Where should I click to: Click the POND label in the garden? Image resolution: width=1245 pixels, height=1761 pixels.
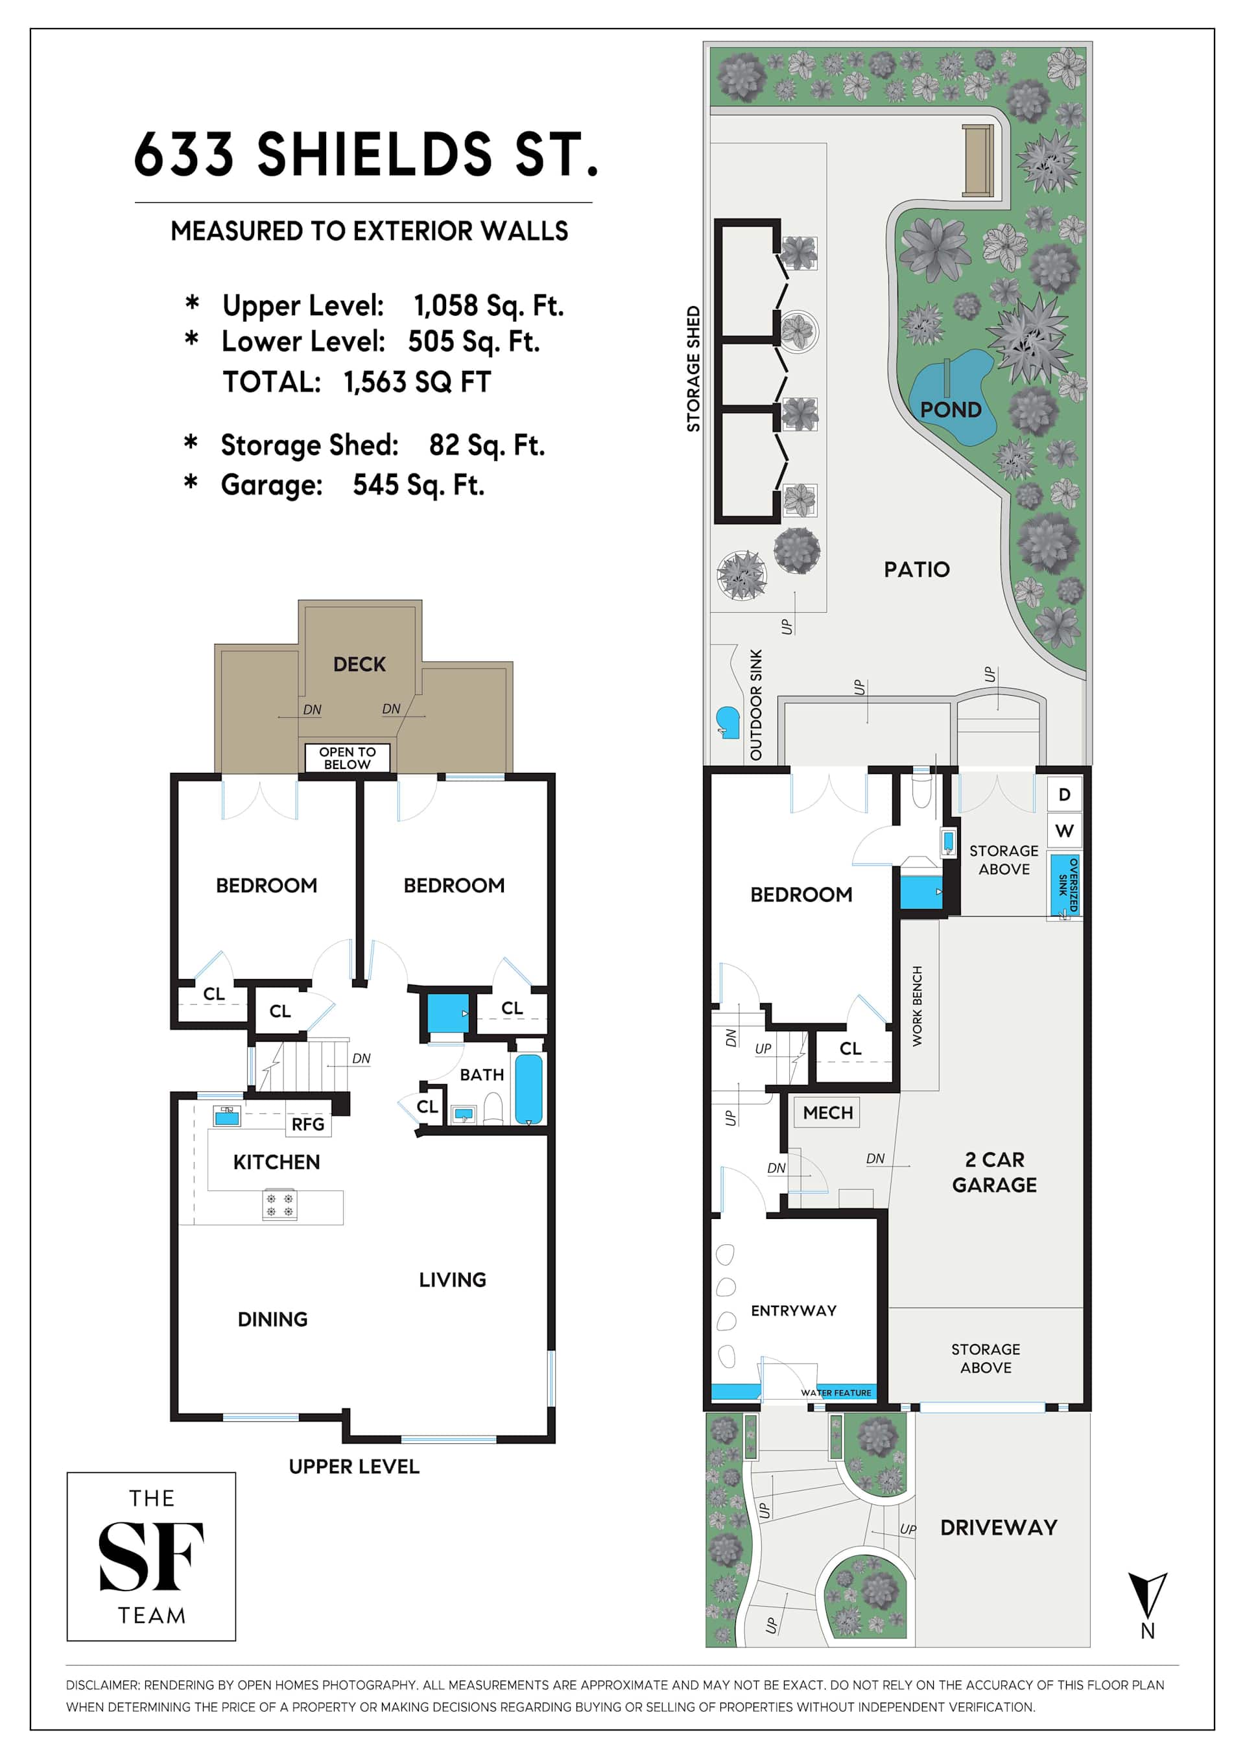(951, 410)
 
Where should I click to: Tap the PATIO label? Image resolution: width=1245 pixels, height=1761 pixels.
(917, 569)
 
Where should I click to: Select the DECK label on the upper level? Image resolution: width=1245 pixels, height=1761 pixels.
(359, 664)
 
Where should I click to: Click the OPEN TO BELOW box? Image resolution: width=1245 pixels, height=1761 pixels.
(348, 758)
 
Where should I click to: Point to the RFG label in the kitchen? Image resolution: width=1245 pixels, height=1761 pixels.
(307, 1124)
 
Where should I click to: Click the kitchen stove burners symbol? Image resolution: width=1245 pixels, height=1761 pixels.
(279, 1204)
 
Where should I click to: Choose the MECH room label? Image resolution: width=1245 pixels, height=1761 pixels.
(827, 1112)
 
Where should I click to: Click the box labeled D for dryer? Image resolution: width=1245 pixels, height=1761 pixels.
(1065, 795)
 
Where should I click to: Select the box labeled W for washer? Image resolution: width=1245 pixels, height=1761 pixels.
(1065, 831)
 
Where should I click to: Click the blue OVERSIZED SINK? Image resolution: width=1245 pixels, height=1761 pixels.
(1065, 885)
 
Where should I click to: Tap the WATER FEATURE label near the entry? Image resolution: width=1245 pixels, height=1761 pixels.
(836, 1393)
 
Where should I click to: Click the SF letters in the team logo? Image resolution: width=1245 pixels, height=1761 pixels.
(151, 1557)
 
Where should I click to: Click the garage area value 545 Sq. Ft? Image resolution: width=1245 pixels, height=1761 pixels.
(418, 485)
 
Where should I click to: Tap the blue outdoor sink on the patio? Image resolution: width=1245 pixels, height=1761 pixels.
(727, 722)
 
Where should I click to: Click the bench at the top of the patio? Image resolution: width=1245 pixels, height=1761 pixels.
(978, 160)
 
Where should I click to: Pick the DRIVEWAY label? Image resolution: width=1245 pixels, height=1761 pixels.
(999, 1528)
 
